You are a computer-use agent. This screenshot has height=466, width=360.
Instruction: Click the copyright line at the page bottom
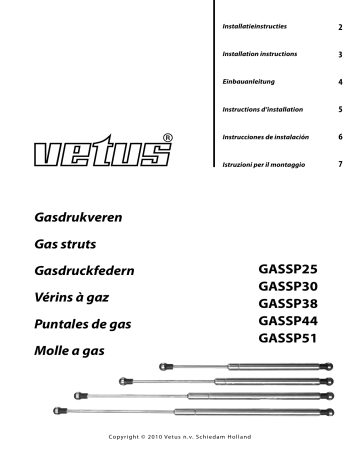(180, 441)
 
